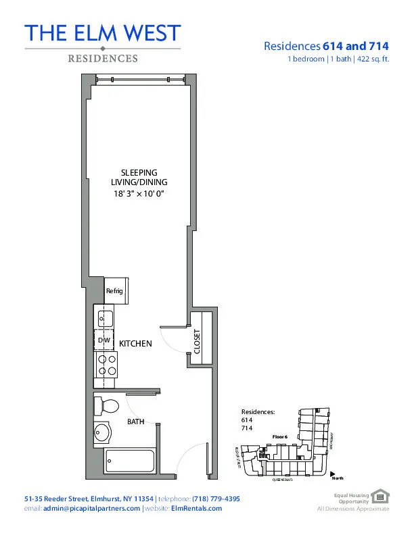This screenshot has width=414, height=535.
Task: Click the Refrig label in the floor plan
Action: (112, 291)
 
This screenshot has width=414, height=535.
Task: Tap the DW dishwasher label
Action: (103, 341)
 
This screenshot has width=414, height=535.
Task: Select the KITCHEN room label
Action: (135, 344)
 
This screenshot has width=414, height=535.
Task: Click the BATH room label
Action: (136, 422)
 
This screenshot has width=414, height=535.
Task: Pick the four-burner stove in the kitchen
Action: (107, 365)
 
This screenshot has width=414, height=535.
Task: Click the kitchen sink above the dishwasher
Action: (106, 317)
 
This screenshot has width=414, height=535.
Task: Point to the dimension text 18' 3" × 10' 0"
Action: (139, 194)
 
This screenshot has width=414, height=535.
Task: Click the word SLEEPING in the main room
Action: (139, 173)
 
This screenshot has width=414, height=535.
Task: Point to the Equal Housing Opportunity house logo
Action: (382, 498)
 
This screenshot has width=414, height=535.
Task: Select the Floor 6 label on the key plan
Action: (280, 437)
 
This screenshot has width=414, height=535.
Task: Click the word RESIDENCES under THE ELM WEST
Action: (102, 59)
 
